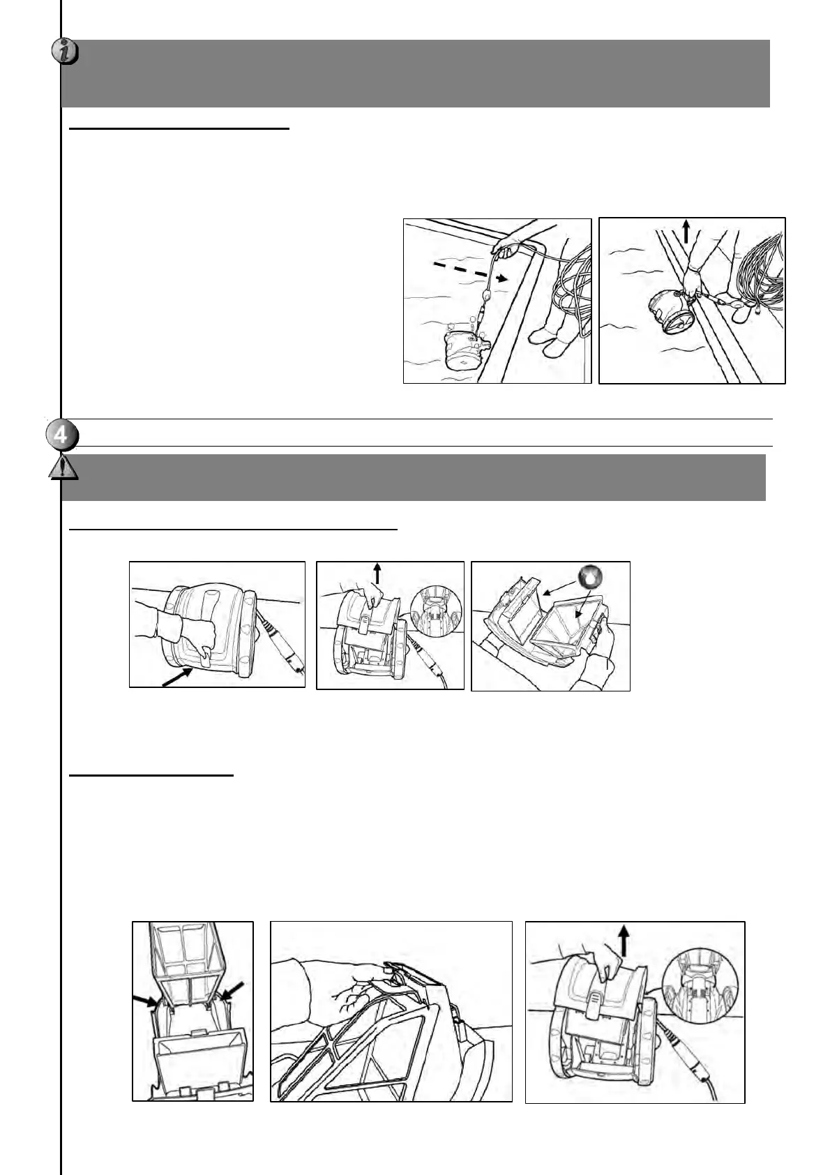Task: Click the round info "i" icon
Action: [x=65, y=51]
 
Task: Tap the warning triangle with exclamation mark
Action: [x=63, y=466]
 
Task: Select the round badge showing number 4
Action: [x=61, y=435]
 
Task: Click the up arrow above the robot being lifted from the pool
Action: [x=686, y=231]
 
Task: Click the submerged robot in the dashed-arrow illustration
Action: [x=466, y=346]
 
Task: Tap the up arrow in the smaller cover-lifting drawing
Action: [x=377, y=574]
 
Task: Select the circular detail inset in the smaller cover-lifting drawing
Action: [x=436, y=609]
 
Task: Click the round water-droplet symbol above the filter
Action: [x=589, y=578]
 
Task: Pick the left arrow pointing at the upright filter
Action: [x=146, y=1001]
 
